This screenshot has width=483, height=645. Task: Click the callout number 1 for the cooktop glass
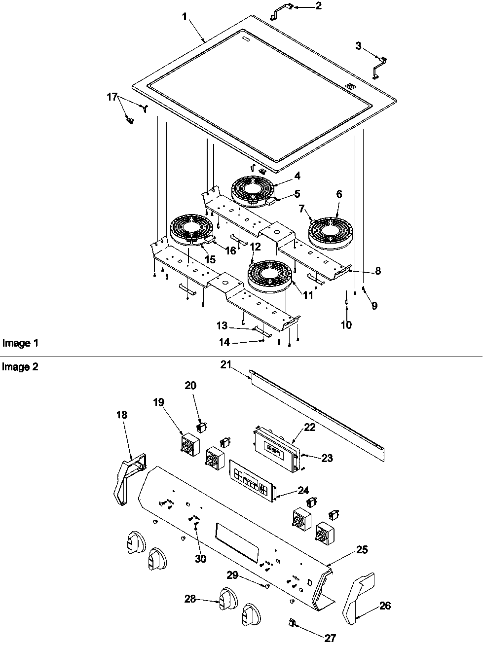185,17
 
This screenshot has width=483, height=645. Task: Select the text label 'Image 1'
20,343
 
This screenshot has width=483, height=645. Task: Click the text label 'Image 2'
20,366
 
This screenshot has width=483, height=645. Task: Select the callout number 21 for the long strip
226,365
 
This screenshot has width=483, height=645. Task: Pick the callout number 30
200,559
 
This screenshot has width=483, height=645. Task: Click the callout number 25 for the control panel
362,550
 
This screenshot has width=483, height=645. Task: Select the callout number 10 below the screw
346,325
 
